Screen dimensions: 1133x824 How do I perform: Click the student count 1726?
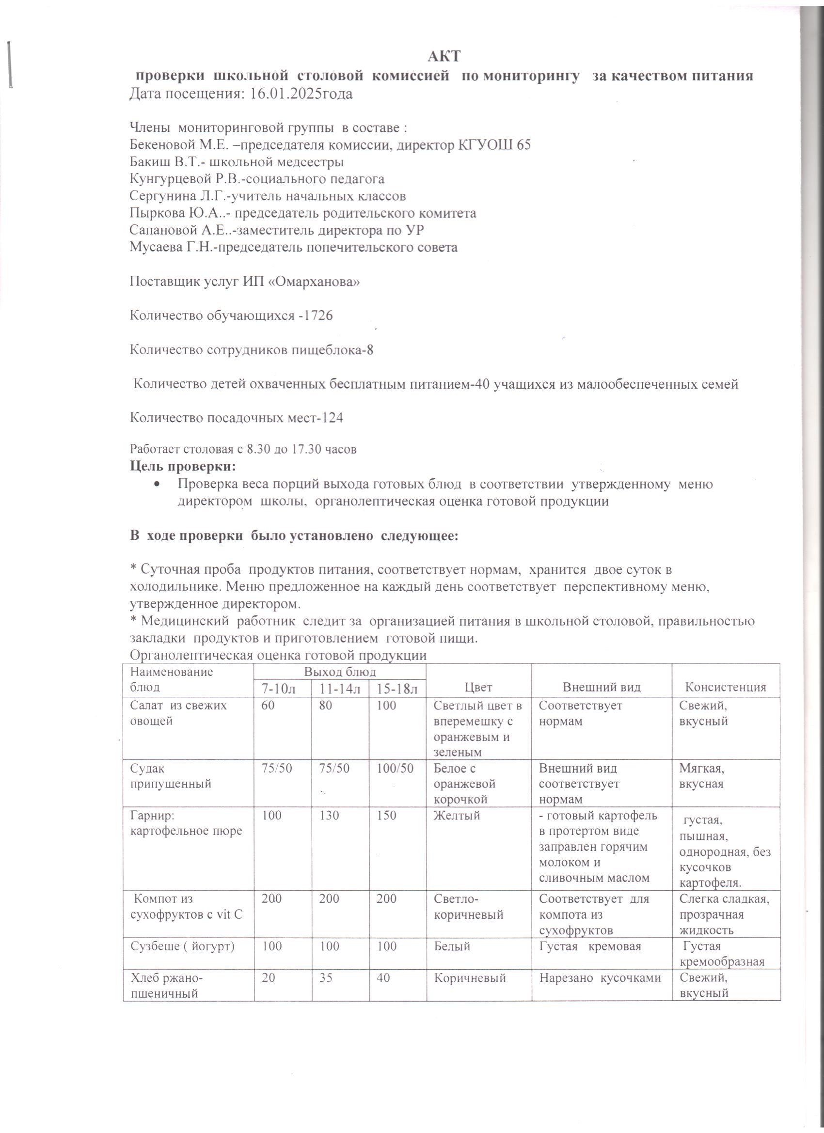pos(318,316)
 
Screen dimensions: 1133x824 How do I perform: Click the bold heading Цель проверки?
pos(183,467)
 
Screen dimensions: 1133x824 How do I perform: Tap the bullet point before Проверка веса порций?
pos(158,485)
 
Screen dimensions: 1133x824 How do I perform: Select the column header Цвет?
pos(478,687)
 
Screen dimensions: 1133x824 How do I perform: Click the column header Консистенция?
pos(726,687)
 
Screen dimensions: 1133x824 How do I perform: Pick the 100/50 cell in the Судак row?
pos(395,768)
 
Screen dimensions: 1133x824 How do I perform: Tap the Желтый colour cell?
pos(457,816)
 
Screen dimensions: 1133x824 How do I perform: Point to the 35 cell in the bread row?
pos(326,978)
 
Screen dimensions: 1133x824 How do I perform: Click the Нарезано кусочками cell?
pos(600,978)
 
